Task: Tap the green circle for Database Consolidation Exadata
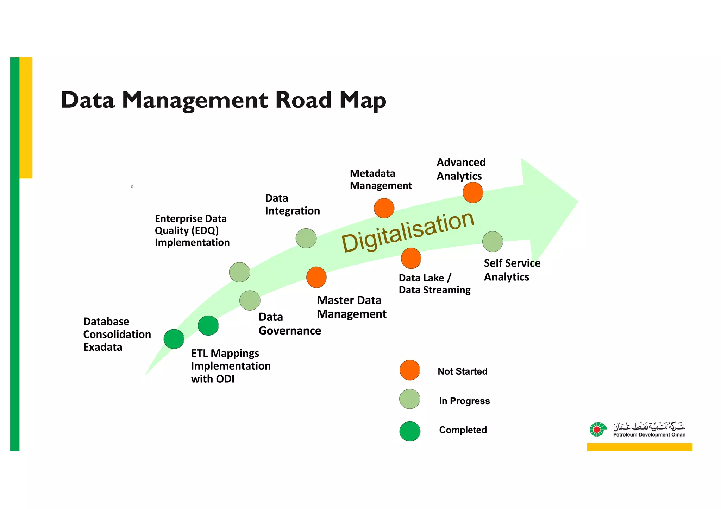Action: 174,339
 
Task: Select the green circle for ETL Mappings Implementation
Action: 208,325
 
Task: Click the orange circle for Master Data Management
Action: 316,277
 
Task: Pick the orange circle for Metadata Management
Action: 384,208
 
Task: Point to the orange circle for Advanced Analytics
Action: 473,192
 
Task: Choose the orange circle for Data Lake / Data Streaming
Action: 411,258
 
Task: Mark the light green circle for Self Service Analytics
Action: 493,242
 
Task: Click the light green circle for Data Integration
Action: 306,238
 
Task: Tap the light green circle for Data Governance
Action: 250,300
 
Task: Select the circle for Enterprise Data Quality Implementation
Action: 239,272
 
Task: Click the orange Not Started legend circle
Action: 410,370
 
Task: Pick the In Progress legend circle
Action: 410,399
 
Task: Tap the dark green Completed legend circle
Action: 410,431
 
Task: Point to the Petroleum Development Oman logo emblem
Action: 598,430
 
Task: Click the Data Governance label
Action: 289,324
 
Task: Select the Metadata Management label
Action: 381,179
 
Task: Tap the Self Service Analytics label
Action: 512,270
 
